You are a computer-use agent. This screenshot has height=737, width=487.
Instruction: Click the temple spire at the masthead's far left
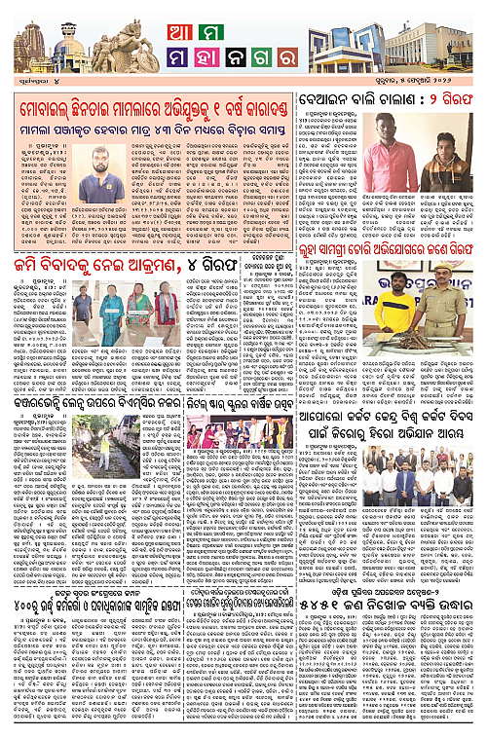28,49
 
